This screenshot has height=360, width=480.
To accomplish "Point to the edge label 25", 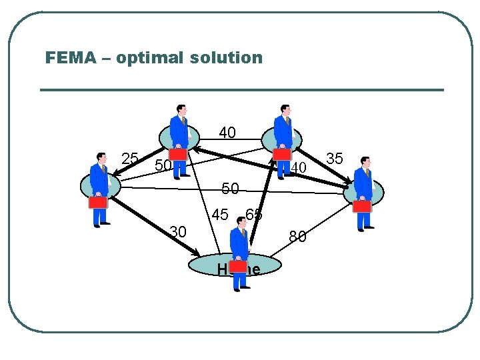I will click(x=130, y=159).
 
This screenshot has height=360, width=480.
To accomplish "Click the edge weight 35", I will click(x=335, y=159).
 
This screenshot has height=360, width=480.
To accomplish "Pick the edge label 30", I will click(x=177, y=232).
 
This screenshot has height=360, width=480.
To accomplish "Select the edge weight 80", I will click(x=297, y=237).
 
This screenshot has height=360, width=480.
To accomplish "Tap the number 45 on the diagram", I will click(x=221, y=215).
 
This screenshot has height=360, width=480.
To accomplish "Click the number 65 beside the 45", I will click(x=254, y=215).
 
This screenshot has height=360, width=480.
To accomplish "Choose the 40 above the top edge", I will click(x=227, y=133).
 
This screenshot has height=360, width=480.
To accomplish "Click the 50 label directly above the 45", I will click(x=230, y=189).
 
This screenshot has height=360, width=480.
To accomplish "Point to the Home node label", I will click(x=238, y=269).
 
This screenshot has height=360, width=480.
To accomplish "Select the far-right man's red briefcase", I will click(x=362, y=206).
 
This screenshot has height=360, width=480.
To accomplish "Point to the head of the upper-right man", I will click(x=285, y=109).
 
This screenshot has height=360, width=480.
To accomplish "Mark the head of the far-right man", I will click(x=365, y=162).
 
